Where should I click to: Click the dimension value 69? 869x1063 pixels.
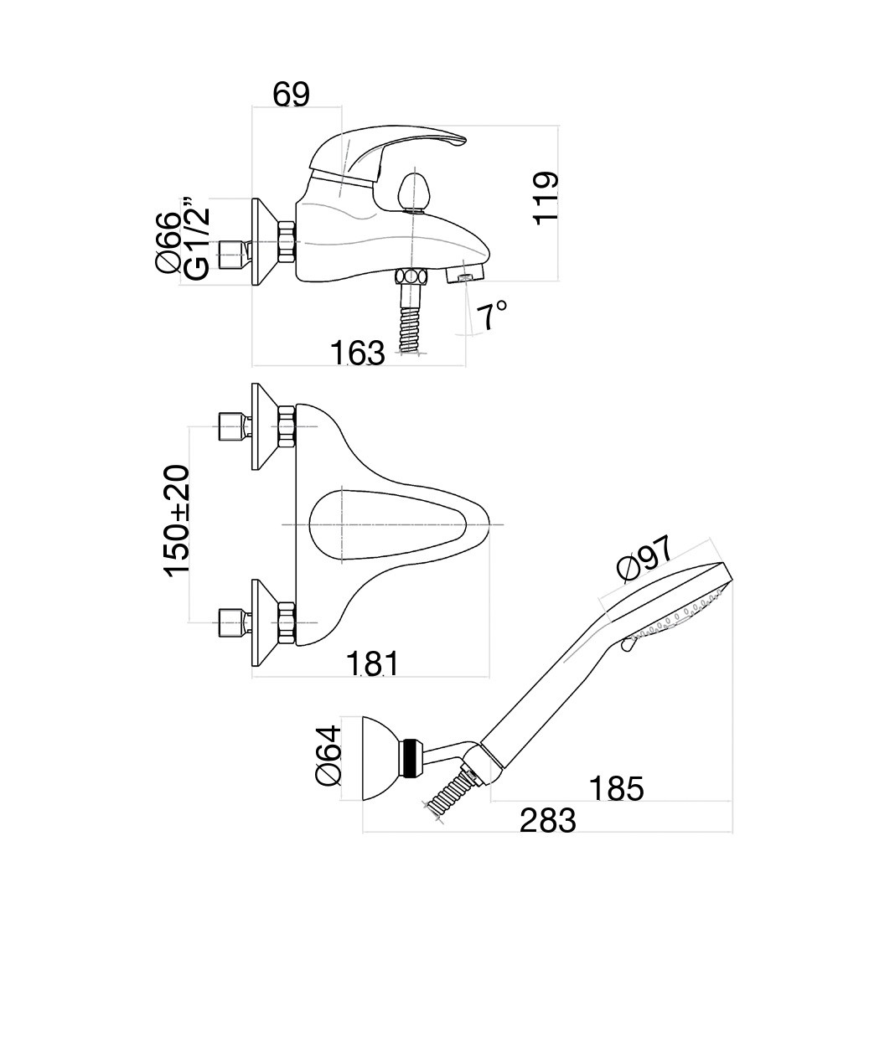tap(292, 95)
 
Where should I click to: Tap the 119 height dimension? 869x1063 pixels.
tap(546, 197)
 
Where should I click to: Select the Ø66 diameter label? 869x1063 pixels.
tap(168, 243)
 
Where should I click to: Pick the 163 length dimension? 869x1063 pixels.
tap(357, 353)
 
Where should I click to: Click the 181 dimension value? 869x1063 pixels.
tap(373, 663)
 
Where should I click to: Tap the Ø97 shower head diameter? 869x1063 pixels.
tap(644, 559)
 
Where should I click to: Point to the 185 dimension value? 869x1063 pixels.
tap(616, 788)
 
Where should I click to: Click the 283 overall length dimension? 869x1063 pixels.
tap(548, 821)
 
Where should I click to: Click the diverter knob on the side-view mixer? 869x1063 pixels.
tap(413, 190)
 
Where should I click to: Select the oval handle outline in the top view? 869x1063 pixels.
tap(385, 524)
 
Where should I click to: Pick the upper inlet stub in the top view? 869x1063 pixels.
tap(231, 426)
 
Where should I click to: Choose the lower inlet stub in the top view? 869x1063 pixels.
tap(231, 622)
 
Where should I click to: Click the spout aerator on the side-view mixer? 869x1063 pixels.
tap(466, 275)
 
